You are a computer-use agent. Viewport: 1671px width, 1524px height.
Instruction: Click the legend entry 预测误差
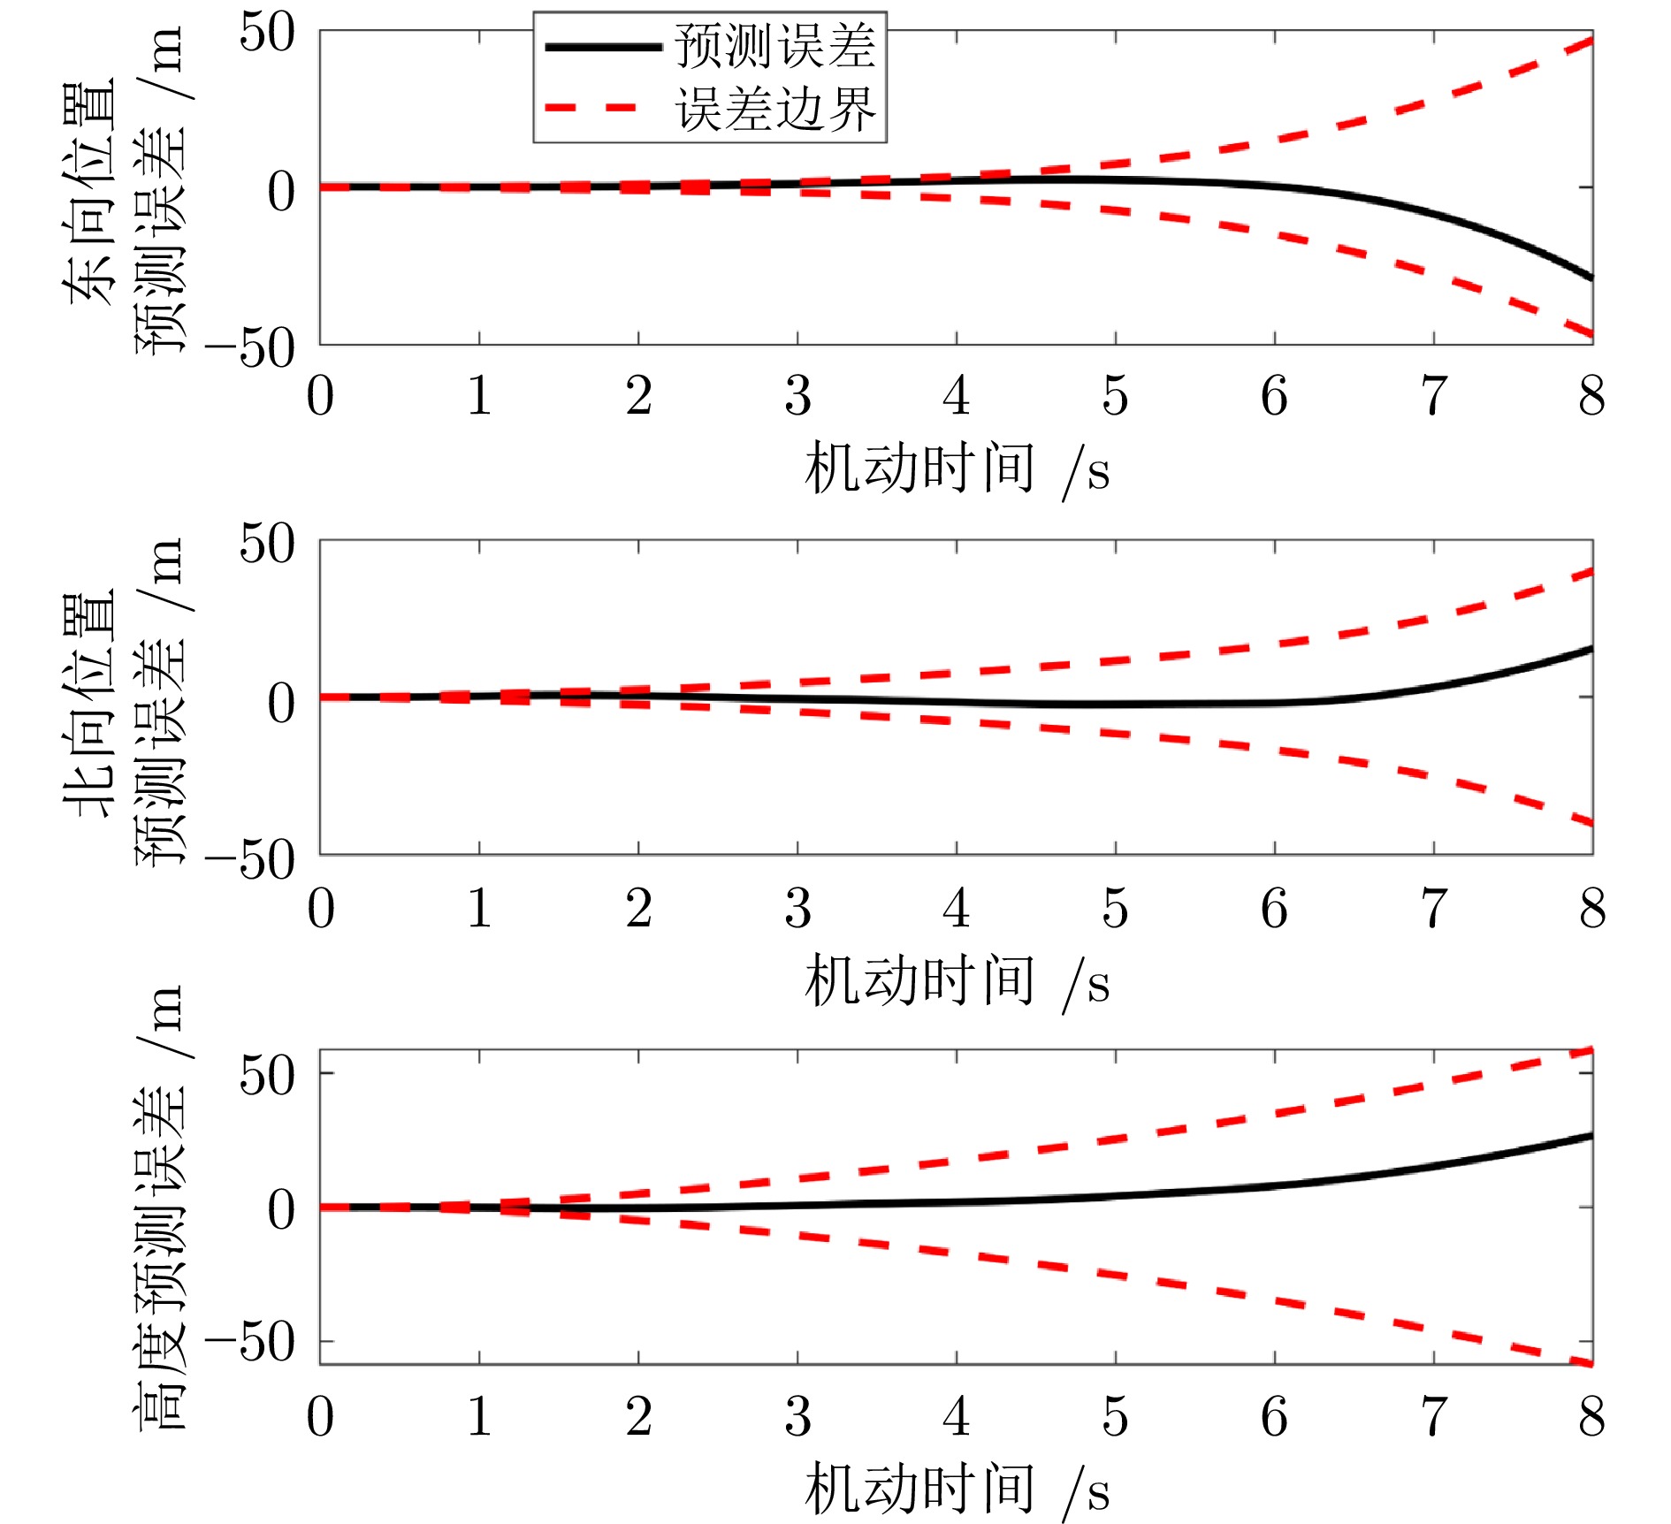[x=774, y=46]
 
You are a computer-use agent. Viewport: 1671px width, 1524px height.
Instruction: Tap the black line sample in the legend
[x=603, y=47]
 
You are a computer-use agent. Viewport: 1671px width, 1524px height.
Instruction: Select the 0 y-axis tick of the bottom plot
[x=281, y=1209]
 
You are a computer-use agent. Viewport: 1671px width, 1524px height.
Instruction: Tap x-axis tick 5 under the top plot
[x=1115, y=396]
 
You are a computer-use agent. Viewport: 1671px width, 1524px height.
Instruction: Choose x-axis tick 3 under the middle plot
[x=797, y=908]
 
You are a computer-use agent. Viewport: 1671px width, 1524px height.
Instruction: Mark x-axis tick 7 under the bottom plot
[x=1433, y=1416]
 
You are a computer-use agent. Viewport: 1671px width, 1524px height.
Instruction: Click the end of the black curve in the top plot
[x=1591, y=278]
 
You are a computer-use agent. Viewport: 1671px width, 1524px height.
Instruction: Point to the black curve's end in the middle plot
[x=1591, y=649]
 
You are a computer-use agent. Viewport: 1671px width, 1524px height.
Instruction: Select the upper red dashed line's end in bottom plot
[x=1591, y=1050]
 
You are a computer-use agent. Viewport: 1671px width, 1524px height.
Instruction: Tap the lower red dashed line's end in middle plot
[x=1591, y=824]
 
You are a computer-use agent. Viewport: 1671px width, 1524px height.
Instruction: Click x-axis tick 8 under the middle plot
[x=1592, y=908]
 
